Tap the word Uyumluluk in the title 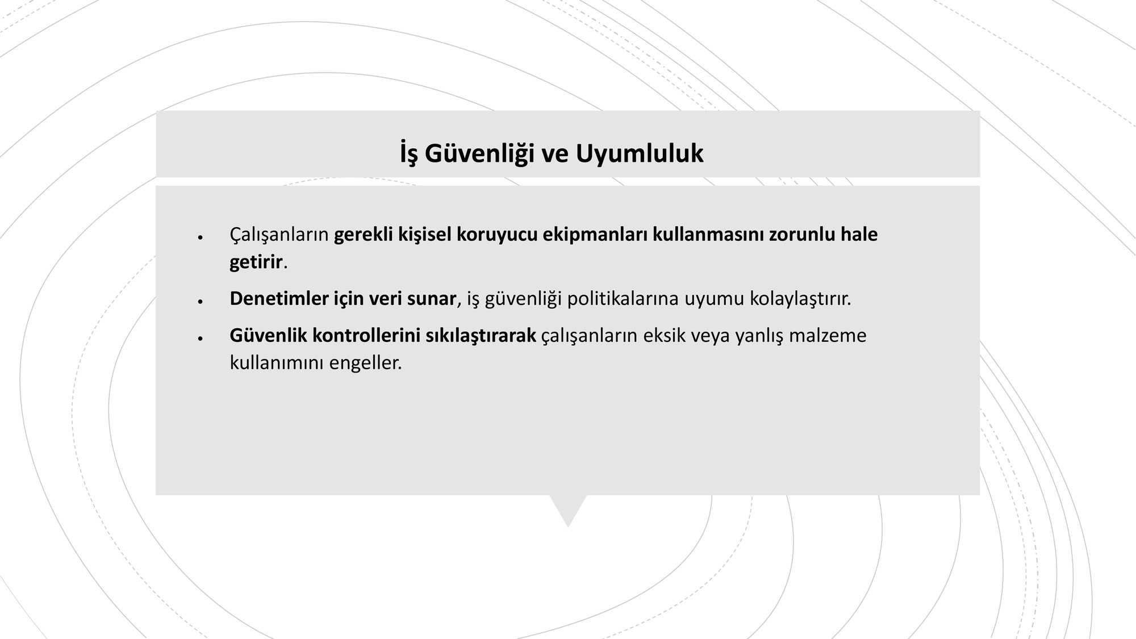pos(640,154)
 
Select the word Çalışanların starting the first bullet pos(279,235)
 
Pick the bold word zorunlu pos(802,234)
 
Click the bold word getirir pos(256,262)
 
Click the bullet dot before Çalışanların pos(200,237)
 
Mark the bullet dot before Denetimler pos(200,302)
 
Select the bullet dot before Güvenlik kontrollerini pos(200,339)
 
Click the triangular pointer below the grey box pos(568,508)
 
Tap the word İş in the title pos(409,154)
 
